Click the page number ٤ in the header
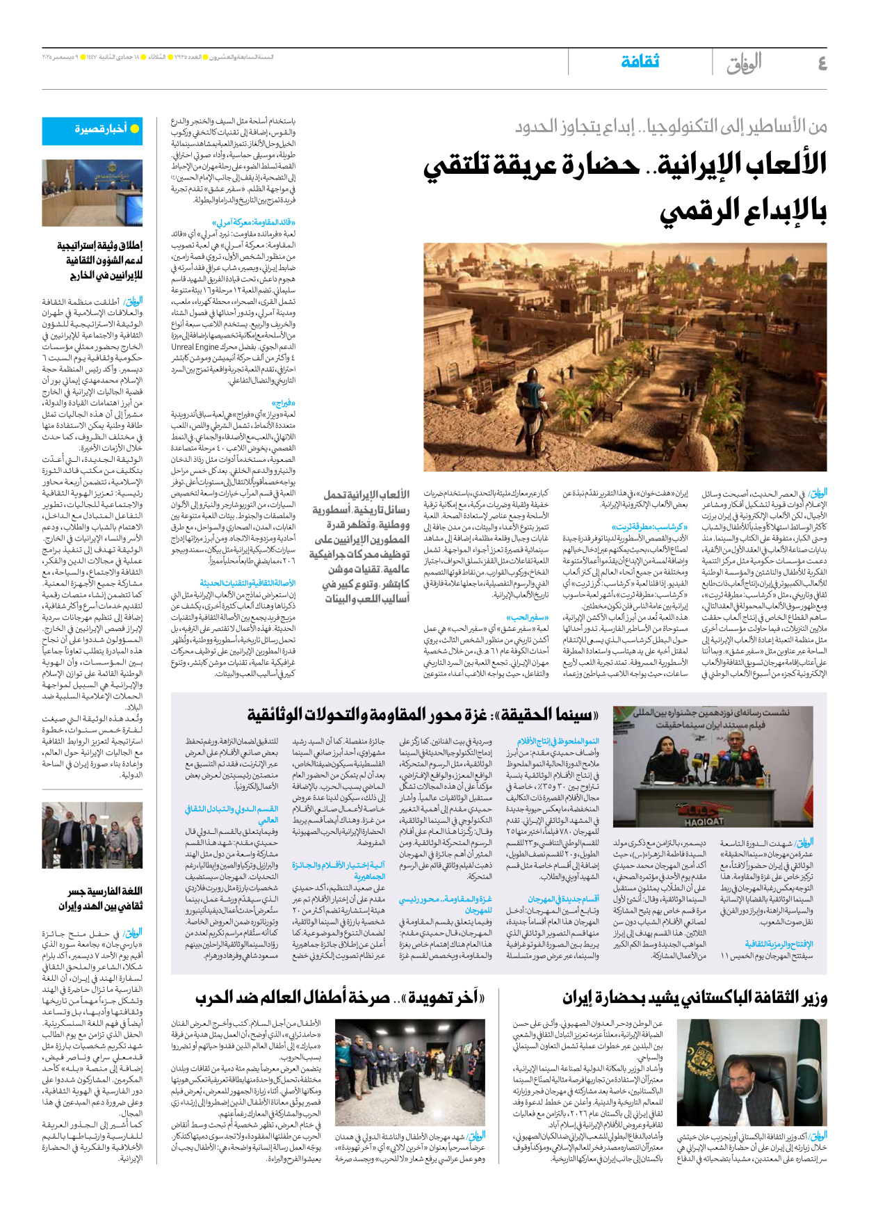click(822, 63)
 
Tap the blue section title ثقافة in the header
click(640, 62)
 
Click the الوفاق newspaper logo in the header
click(743, 64)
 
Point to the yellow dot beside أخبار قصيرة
click(135, 129)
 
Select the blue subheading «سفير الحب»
click(528, 617)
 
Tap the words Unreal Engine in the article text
click(195, 347)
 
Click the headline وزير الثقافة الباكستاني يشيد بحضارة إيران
click(695, 998)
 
